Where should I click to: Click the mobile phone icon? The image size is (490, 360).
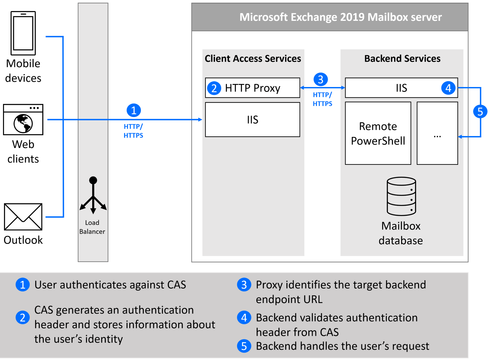23,33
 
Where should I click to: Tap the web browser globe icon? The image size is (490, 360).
23,119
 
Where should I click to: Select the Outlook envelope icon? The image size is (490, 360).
23,217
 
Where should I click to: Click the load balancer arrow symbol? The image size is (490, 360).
93,195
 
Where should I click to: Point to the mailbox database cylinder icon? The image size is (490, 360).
401,196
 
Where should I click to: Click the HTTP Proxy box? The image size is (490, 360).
253,88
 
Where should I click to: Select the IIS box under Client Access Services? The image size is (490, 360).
253,120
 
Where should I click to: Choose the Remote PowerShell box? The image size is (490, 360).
378,133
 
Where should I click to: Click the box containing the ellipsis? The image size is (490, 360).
438,133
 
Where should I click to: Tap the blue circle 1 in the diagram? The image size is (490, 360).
134,110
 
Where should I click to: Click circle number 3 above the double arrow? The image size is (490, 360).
321,79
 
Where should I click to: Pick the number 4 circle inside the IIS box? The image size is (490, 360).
448,88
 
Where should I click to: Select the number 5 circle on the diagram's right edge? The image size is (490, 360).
481,112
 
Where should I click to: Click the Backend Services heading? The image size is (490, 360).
402,59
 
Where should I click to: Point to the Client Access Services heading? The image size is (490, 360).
253,59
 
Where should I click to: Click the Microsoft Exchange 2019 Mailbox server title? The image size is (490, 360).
341,17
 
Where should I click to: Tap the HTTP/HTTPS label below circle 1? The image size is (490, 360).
134,131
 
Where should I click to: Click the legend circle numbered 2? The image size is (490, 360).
23,317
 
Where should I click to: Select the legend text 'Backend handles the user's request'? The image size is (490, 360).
343,346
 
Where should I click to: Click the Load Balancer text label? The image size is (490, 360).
92,227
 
